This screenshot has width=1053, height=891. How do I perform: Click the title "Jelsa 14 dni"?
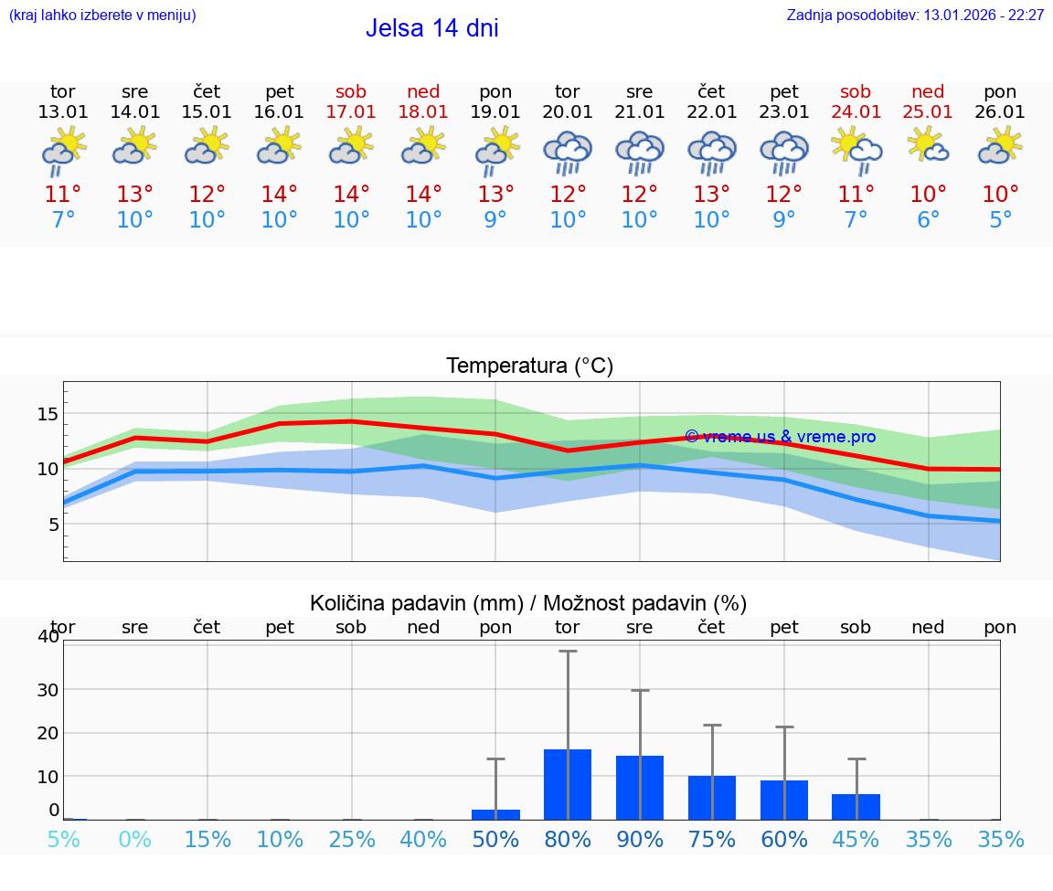431,28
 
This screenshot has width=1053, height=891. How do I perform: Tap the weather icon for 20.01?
568,153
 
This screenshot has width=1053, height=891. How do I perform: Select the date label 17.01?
351,112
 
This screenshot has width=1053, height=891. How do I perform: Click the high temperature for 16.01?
279,195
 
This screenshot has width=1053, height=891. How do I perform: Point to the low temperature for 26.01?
1000,220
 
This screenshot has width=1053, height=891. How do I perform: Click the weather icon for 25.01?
928,145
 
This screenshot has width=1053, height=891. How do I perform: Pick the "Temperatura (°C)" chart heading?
529,366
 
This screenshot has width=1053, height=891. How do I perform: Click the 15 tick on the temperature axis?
48,414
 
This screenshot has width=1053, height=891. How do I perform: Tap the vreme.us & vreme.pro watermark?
780,437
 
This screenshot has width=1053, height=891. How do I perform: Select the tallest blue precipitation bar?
568,784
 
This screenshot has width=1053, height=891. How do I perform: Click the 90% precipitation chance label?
639,839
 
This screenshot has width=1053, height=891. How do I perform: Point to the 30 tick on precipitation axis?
48,689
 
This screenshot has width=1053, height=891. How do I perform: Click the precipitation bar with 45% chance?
856,807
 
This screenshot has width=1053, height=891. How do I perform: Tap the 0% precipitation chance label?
134,839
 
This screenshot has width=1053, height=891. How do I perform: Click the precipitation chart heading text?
527,603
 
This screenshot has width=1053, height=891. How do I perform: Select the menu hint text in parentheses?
101,16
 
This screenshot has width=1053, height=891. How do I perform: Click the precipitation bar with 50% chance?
495,814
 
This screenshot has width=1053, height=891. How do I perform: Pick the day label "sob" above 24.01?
856,92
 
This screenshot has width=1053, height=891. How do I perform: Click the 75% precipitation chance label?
711,839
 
